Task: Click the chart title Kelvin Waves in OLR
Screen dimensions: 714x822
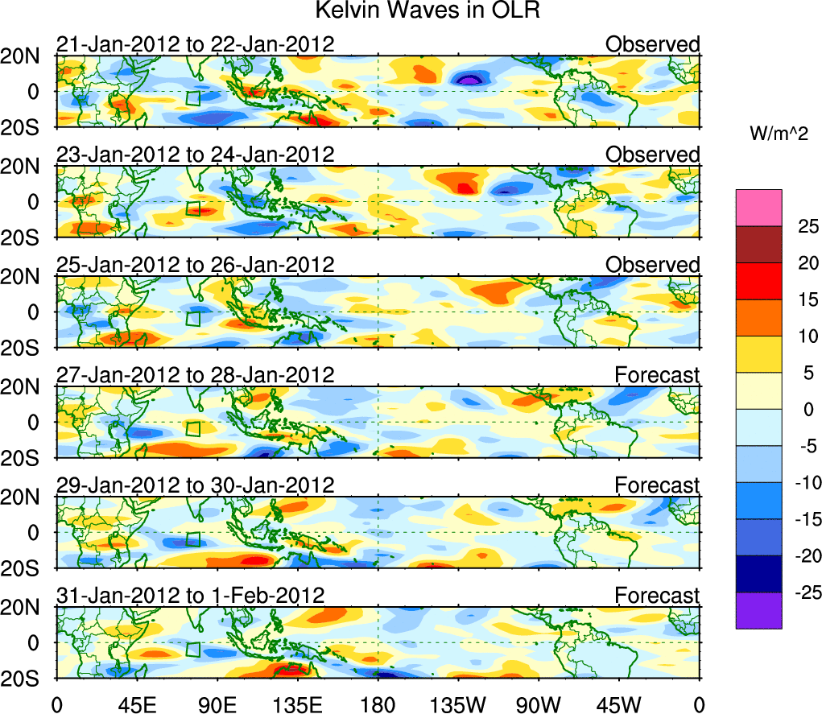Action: tap(411, 11)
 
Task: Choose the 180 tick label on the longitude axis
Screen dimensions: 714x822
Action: tap(378, 704)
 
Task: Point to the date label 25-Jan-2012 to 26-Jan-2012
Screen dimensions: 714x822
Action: tap(195, 265)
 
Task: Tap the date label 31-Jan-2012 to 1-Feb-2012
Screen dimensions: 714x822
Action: tap(190, 596)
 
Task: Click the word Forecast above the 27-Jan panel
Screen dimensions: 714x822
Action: tap(657, 375)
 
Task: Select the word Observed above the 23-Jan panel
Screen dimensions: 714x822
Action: tap(652, 155)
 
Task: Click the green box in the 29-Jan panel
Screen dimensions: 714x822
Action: tap(192, 539)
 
